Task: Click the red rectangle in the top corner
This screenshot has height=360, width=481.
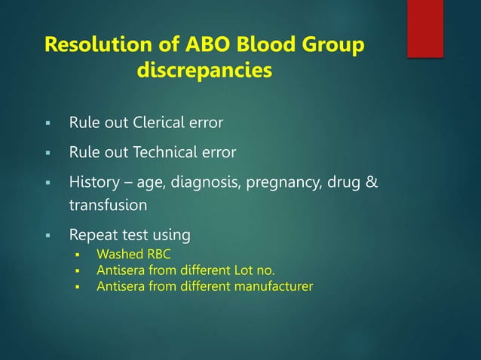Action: [424, 29]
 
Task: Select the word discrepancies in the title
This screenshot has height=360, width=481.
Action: [204, 73]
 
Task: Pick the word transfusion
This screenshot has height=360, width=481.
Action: [108, 205]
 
